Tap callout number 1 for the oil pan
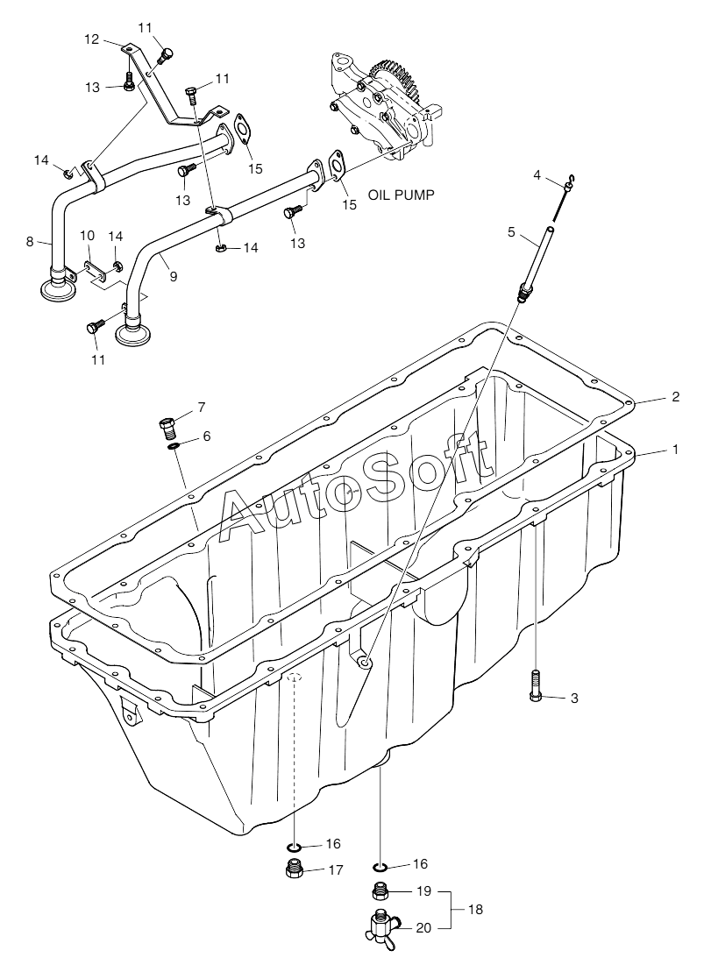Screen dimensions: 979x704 675,449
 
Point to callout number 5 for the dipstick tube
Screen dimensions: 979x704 511,233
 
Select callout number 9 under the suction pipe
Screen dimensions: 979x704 173,275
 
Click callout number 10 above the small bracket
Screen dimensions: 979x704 87,236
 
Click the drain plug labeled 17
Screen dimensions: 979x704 295,869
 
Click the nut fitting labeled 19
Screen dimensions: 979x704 380,891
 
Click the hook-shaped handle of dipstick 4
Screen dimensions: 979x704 570,182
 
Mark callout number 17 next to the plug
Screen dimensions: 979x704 334,870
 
